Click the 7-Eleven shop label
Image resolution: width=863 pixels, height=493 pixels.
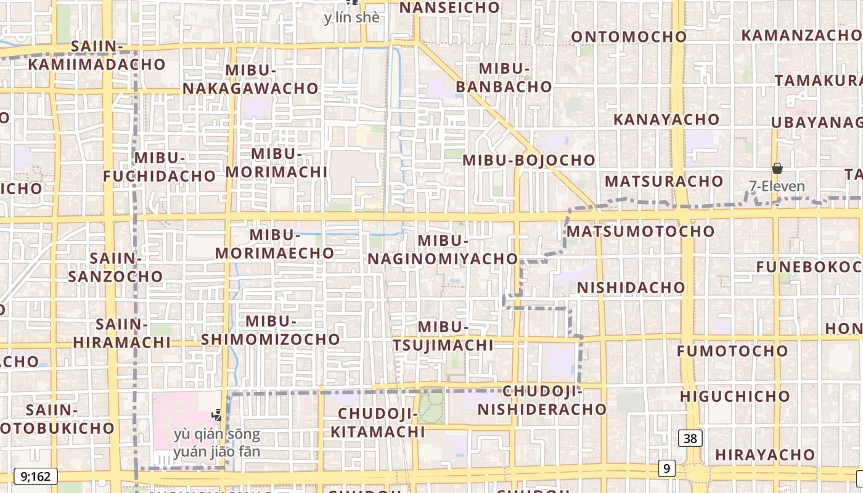(x=777, y=186)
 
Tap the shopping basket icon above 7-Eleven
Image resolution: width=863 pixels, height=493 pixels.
(x=777, y=168)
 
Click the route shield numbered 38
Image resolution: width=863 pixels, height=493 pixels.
(x=690, y=438)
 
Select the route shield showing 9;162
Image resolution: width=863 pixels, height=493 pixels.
(x=35, y=476)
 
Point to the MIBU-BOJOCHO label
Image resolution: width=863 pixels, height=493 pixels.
(x=529, y=160)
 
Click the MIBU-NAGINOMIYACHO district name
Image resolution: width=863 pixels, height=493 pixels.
(x=443, y=250)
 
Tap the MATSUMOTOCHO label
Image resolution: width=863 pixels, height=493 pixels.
(x=640, y=232)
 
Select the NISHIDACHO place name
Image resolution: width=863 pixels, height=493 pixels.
(x=631, y=288)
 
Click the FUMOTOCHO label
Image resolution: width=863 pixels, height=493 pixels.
(x=732, y=351)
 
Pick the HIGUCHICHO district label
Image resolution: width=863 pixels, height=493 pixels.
(x=735, y=396)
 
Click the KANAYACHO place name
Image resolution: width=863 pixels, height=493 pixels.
(x=666, y=120)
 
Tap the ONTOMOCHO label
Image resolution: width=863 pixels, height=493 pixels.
(x=629, y=37)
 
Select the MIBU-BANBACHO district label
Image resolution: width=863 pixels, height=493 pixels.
(x=504, y=77)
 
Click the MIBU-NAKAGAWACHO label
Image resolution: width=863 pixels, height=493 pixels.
(x=250, y=79)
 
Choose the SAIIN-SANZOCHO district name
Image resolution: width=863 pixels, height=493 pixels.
(x=115, y=267)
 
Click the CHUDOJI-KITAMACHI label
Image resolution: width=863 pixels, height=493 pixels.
(x=377, y=422)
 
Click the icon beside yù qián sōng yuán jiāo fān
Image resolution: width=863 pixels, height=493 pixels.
(x=217, y=416)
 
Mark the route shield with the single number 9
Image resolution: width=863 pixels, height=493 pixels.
(x=666, y=469)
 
